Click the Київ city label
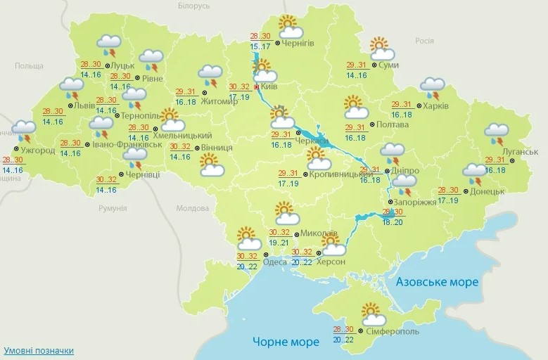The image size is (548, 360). tap(269, 86)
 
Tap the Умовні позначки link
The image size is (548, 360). tap(38, 350)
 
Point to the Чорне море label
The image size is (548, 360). tap(286, 342)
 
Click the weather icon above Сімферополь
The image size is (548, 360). tap(370, 313)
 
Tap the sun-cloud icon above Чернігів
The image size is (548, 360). tap(289, 27)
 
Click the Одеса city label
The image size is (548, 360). tap(274, 262)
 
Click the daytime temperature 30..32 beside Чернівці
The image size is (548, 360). tap(106, 180)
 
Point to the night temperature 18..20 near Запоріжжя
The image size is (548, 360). tap(393, 221)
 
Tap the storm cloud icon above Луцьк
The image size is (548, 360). tap(109, 46)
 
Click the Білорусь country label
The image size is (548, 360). tap(193, 6)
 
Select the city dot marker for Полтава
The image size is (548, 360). tap(374, 125)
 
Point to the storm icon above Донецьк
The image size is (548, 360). tap(474, 172)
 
